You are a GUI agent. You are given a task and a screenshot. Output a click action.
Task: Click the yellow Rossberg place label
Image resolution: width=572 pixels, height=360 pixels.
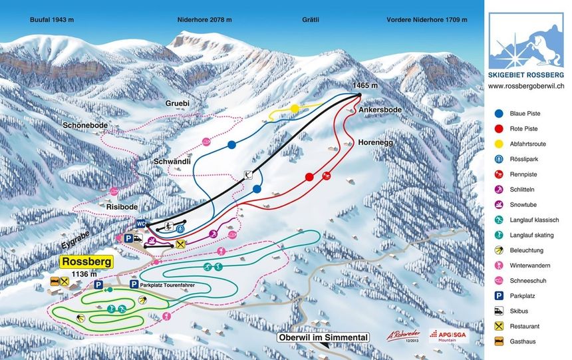pos(86,262)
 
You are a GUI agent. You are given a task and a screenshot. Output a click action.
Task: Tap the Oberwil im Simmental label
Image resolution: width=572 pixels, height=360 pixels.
pos(323,337)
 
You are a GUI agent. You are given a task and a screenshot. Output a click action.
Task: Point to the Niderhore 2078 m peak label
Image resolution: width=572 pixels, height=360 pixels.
pos(205,20)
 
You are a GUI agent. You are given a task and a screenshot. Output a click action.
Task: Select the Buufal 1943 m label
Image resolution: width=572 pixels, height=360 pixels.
pos(52,20)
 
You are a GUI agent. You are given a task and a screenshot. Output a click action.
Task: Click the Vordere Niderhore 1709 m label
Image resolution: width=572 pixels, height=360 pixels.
pos(426,20)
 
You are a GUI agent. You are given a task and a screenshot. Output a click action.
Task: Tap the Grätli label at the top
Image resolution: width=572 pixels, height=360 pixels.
pos(309,20)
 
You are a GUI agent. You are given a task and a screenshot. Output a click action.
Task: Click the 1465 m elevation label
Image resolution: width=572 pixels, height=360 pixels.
pos(365,86)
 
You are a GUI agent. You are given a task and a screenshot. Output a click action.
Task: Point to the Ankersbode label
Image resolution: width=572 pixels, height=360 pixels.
pos(380,109)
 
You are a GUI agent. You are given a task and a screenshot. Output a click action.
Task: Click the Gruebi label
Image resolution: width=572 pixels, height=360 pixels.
pos(178,104)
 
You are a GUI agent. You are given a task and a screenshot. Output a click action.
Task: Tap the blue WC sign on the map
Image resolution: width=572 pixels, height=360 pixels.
pos(141,223)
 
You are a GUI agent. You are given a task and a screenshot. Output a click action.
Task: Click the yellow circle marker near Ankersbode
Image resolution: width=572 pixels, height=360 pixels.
pos(295,108)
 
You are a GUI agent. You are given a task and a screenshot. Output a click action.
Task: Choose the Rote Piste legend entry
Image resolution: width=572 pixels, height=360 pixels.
pos(523,128)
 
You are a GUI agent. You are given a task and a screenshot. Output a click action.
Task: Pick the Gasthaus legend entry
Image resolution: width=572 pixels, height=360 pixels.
pos(523,341)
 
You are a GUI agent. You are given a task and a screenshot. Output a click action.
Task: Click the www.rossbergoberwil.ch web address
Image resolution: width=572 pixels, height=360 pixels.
pos(526,86)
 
